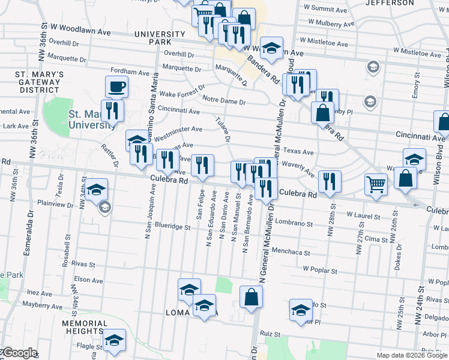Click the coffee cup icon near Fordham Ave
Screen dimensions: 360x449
pyautogui.click(x=116, y=86)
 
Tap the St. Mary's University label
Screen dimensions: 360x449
pyautogui.click(x=92, y=119)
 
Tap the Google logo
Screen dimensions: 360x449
pyautogui.click(x=19, y=353)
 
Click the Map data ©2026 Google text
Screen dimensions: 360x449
pyautogui.click(x=411, y=355)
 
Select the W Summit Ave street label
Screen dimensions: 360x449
pyautogui.click(x=325, y=8)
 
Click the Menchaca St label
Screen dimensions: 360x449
pyautogui.click(x=290, y=251)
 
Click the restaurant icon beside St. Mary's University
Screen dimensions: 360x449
pyautogui.click(x=112, y=110)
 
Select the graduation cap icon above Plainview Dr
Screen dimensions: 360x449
pyautogui.click(x=96, y=190)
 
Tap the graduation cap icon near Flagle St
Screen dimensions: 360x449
pyautogui.click(x=114, y=340)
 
